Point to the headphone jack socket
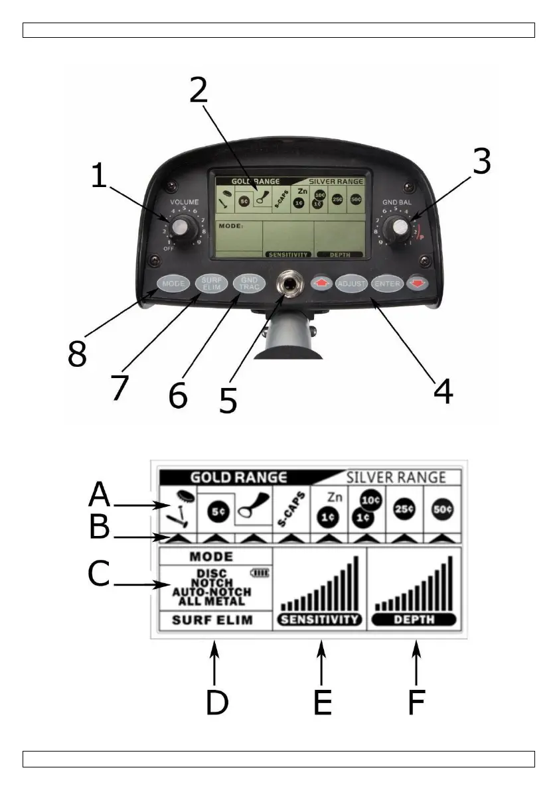(x=289, y=285)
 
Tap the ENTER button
(x=387, y=284)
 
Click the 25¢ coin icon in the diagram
(x=403, y=511)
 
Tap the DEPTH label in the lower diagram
(x=414, y=620)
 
